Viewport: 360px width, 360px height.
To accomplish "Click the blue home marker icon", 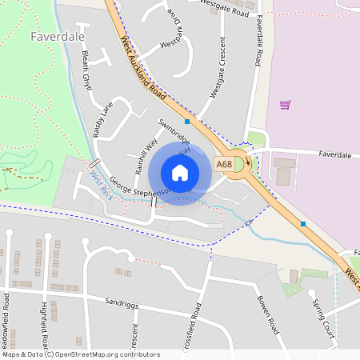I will (180, 173).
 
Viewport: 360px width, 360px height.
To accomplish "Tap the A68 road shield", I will (224, 164).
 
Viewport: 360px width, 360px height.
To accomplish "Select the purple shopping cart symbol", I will (285, 104).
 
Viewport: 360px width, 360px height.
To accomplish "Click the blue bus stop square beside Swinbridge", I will (187, 122).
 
